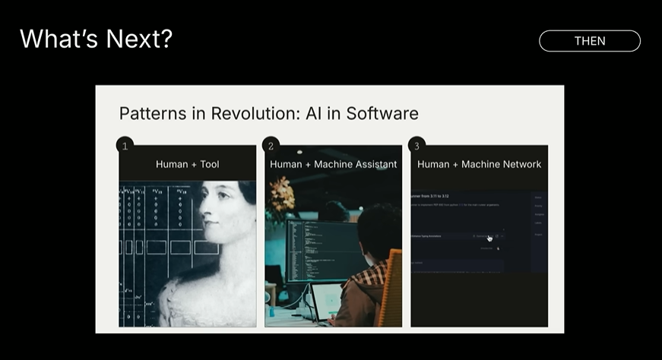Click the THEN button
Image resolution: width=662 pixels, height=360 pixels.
tap(590, 41)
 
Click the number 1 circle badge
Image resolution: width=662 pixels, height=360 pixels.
tap(125, 145)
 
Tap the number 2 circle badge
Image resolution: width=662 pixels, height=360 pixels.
tap(271, 145)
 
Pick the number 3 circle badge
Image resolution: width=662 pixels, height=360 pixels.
tap(417, 145)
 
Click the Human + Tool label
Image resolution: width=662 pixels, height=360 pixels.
tap(187, 164)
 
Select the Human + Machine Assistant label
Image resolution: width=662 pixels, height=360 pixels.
tap(333, 164)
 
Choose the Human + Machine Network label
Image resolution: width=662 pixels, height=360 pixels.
tap(479, 164)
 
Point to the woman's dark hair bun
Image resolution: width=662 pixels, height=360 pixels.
tap(248, 193)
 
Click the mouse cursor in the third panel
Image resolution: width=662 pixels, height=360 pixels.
tap(489, 238)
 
